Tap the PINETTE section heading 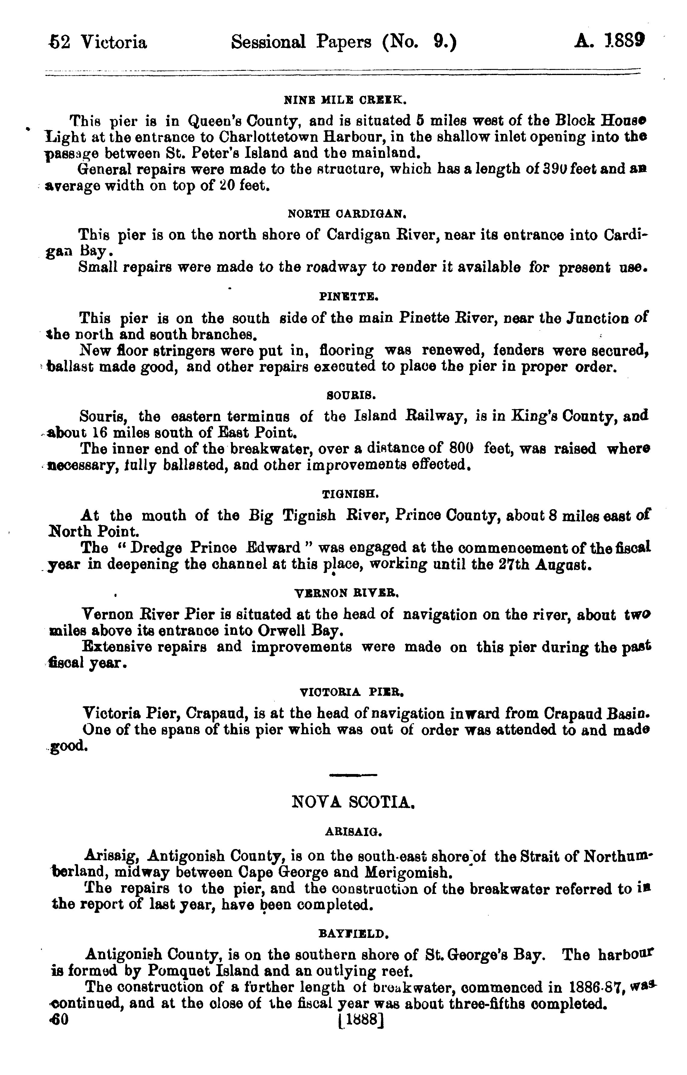pyautogui.click(x=349, y=296)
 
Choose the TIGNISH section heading pyautogui.click(x=350, y=494)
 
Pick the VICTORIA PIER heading pyautogui.click(x=352, y=693)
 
